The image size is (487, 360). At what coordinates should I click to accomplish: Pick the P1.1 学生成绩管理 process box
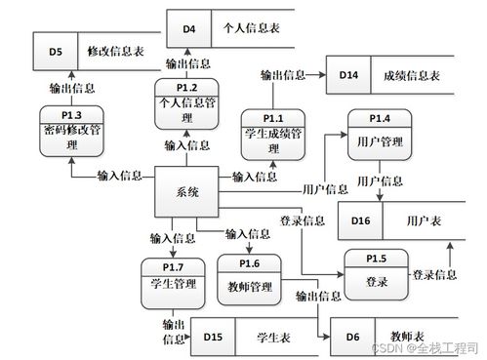pyautogui.click(x=273, y=136)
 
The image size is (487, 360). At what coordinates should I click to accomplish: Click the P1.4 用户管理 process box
pyautogui.click(x=380, y=137)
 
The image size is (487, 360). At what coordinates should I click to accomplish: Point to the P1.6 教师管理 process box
pyautogui.click(x=249, y=279)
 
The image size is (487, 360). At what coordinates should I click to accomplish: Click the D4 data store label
pyautogui.click(x=189, y=27)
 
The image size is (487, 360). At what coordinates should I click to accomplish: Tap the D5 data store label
pyautogui.click(x=56, y=49)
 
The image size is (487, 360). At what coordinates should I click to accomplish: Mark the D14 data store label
pyautogui.click(x=349, y=74)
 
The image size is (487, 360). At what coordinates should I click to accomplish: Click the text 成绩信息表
pyautogui.click(x=412, y=74)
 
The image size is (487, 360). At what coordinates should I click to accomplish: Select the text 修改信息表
pyautogui.click(x=114, y=49)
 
